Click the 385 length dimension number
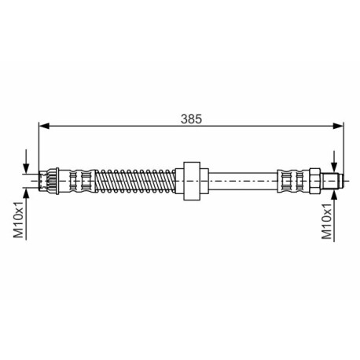point(191,119)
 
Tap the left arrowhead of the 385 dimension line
point(44,126)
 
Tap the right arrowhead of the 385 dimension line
point(338,126)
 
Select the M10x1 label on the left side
point(18,219)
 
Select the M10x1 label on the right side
point(326,221)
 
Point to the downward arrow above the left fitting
point(26,161)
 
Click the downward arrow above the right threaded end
point(334,161)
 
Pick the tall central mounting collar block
point(192,181)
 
